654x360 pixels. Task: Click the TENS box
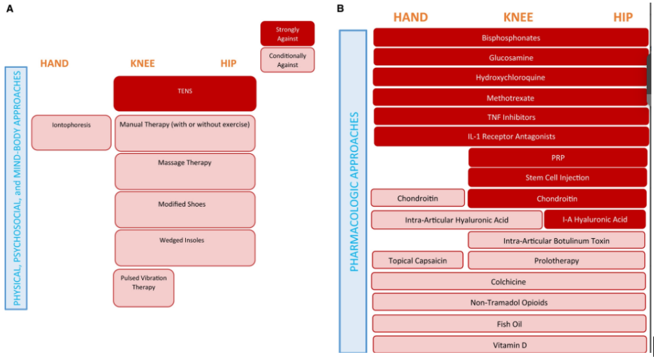pyautogui.click(x=185, y=93)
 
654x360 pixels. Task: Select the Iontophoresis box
pyautogui.click(x=71, y=132)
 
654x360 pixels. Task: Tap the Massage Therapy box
pyautogui.click(x=185, y=172)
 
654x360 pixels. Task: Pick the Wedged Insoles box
pyautogui.click(x=185, y=248)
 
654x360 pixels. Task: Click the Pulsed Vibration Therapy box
pyautogui.click(x=143, y=288)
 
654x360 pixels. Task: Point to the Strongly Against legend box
pyautogui.click(x=288, y=33)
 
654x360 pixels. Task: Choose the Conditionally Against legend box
pyautogui.click(x=288, y=60)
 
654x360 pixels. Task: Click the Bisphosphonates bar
pyautogui.click(x=511, y=38)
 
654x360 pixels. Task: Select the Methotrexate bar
pyautogui.click(x=511, y=98)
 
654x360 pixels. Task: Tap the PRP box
pyautogui.click(x=557, y=158)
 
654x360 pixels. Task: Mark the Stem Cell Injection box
pyautogui.click(x=557, y=177)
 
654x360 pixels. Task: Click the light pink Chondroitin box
pyautogui.click(x=417, y=198)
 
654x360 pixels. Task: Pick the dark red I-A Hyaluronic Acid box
pyautogui.click(x=595, y=219)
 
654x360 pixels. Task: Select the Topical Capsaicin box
pyautogui.click(x=417, y=260)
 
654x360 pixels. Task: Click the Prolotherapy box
pyautogui.click(x=556, y=260)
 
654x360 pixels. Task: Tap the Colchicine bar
pyautogui.click(x=509, y=281)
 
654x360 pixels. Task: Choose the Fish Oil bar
pyautogui.click(x=509, y=323)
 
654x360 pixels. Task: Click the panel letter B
pyautogui.click(x=340, y=8)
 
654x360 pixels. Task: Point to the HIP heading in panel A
pyautogui.click(x=228, y=63)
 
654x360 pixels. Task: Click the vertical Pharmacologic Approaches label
pyautogui.click(x=354, y=192)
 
